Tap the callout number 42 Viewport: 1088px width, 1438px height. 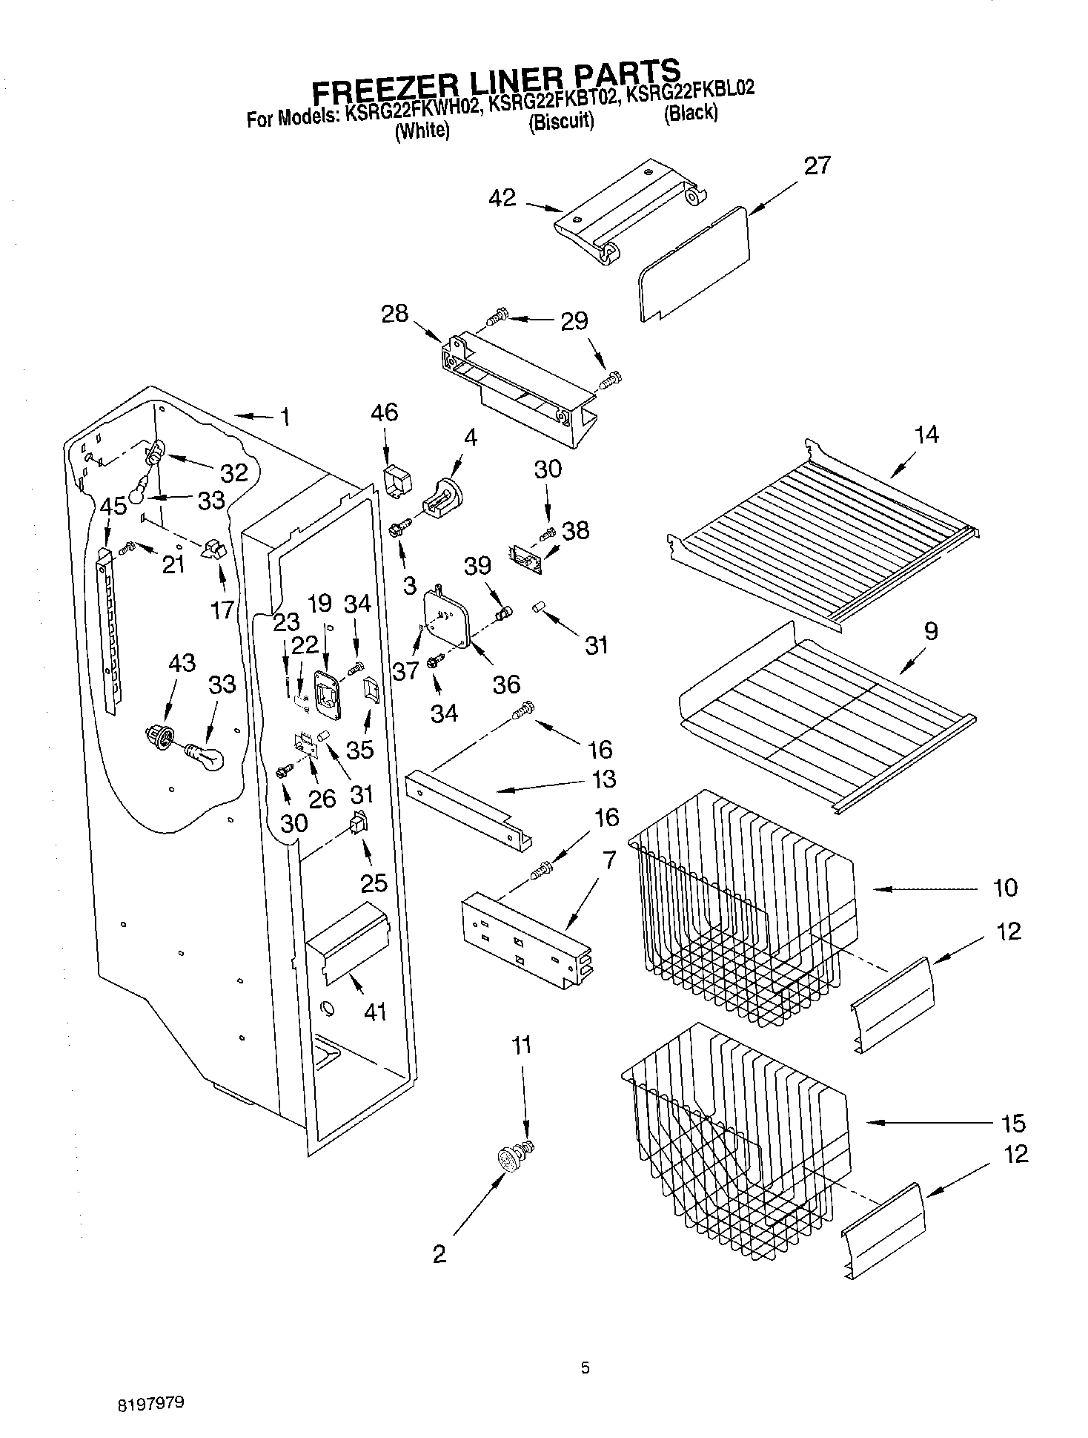502,198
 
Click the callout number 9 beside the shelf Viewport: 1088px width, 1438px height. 931,631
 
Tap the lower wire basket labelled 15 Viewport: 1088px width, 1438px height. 734,1142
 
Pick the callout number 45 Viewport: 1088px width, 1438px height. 113,507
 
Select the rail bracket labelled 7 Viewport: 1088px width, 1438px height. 526,942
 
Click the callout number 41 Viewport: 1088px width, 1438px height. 376,1011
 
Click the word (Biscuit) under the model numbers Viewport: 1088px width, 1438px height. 561,122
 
